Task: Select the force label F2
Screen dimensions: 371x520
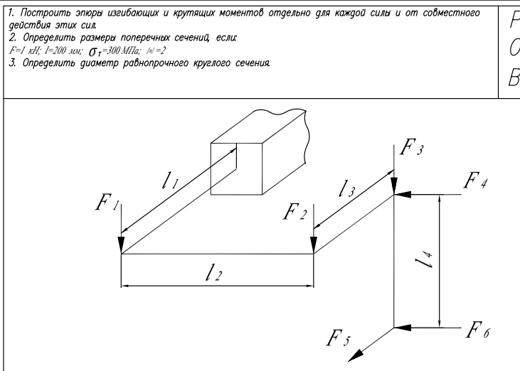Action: [295, 212]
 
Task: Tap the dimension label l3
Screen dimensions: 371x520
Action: [348, 188]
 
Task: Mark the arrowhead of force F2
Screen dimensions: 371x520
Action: [314, 247]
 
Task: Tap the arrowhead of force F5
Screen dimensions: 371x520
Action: [360, 353]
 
